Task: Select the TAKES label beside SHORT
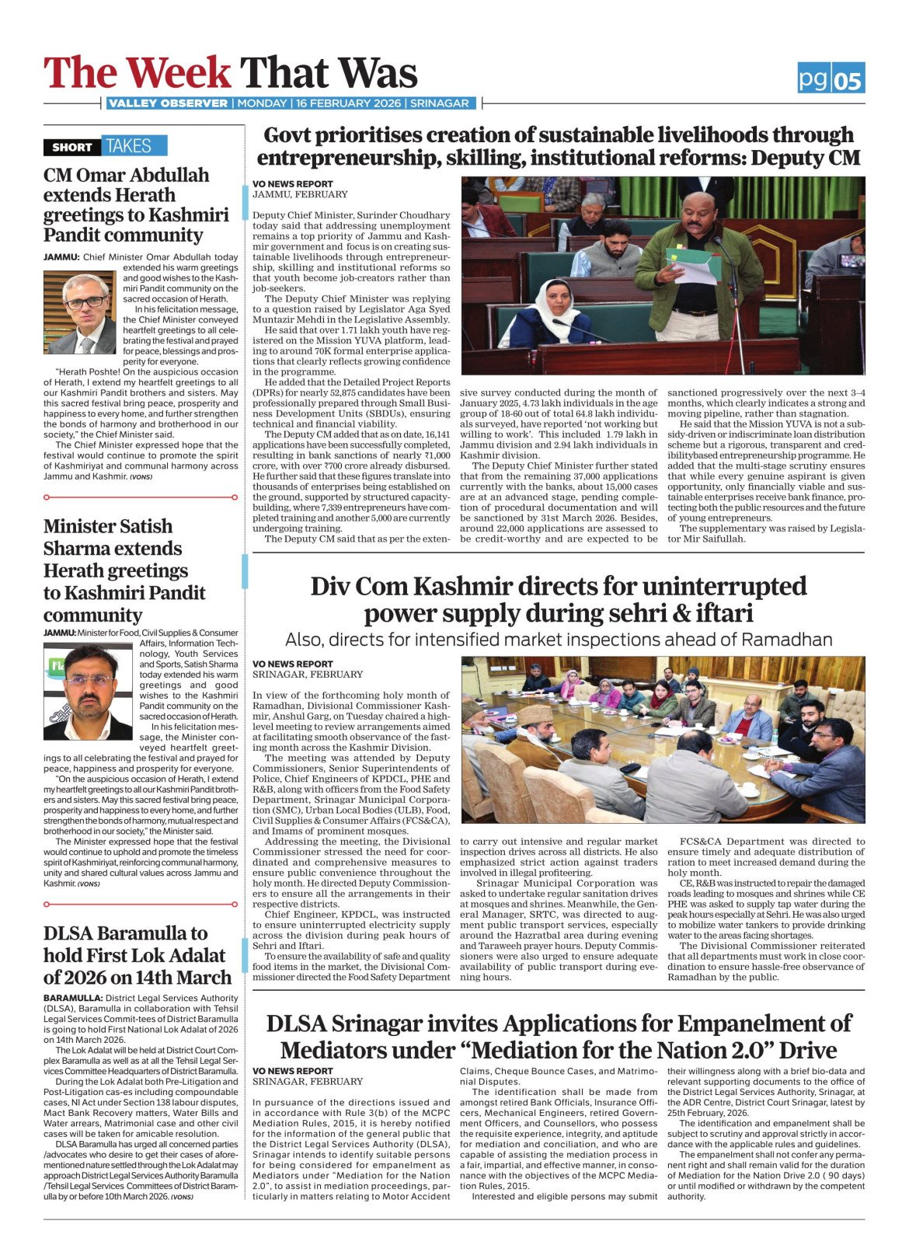click(x=129, y=146)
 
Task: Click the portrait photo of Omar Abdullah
click(x=79, y=312)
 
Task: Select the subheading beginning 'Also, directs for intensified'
click(x=558, y=640)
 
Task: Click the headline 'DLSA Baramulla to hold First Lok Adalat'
click(x=137, y=955)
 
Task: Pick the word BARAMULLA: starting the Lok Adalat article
click(x=73, y=998)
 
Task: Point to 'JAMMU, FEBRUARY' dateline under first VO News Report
click(x=300, y=194)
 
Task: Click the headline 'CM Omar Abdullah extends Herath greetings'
click(x=136, y=204)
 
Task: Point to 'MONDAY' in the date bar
click(x=262, y=103)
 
